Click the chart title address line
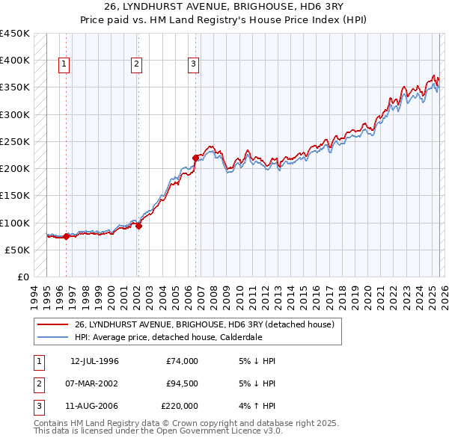[x=224, y=7]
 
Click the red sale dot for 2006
[x=195, y=158]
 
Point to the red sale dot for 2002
[x=138, y=226]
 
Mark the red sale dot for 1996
[x=66, y=237]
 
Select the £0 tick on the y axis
[x=23, y=277]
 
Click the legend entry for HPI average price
[x=168, y=336]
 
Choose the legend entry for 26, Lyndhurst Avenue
[x=208, y=324]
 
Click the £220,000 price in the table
[x=180, y=406]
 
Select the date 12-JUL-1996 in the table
[x=94, y=361]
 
